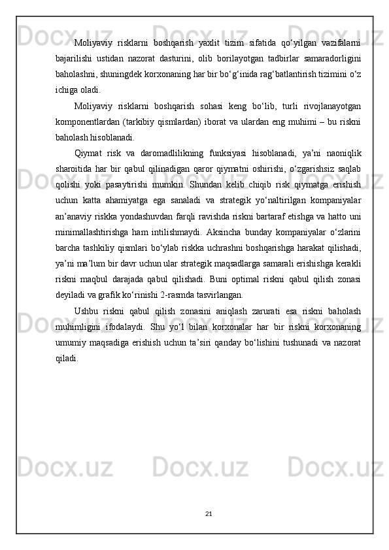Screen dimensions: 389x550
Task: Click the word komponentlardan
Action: click(x=88, y=122)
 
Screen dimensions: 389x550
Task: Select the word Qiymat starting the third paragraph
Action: click(x=89, y=154)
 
